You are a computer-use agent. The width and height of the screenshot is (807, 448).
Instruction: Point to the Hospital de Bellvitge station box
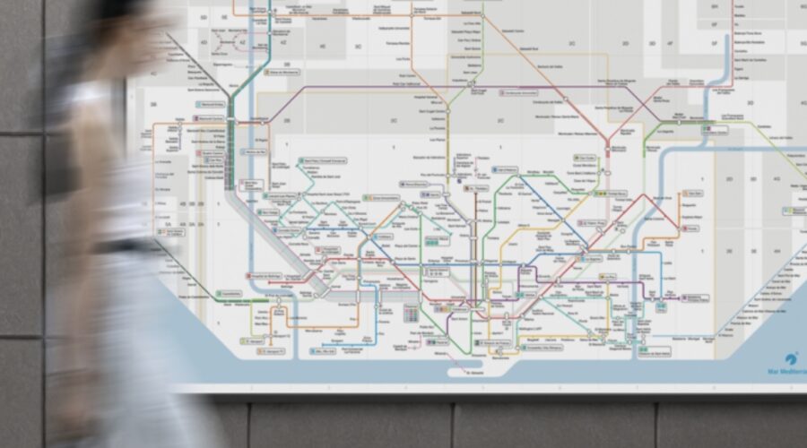pyautogui.click(x=267, y=277)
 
